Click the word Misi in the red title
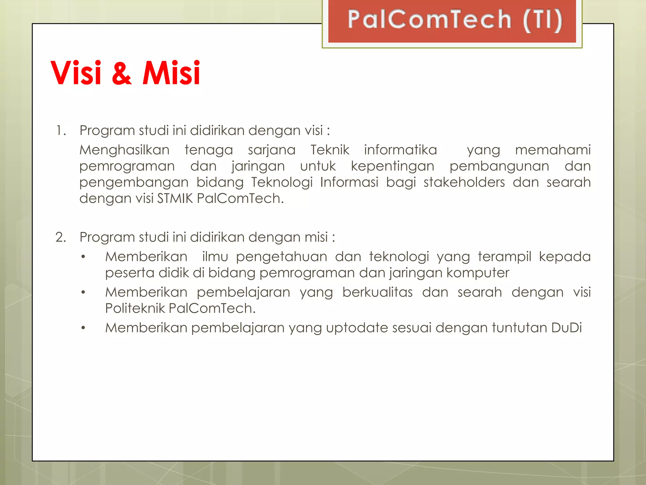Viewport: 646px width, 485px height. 171,73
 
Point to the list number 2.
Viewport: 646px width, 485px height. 61,237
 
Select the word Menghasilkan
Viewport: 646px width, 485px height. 124,150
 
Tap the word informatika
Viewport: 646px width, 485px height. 400,150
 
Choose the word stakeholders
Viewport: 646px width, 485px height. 464,182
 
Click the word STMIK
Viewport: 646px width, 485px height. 175,198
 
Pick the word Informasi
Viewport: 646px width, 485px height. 349,182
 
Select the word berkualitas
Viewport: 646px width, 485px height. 377,292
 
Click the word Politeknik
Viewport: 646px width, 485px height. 135,308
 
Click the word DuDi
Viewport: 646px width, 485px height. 567,327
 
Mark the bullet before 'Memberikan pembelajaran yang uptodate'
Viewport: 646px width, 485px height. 83,328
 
